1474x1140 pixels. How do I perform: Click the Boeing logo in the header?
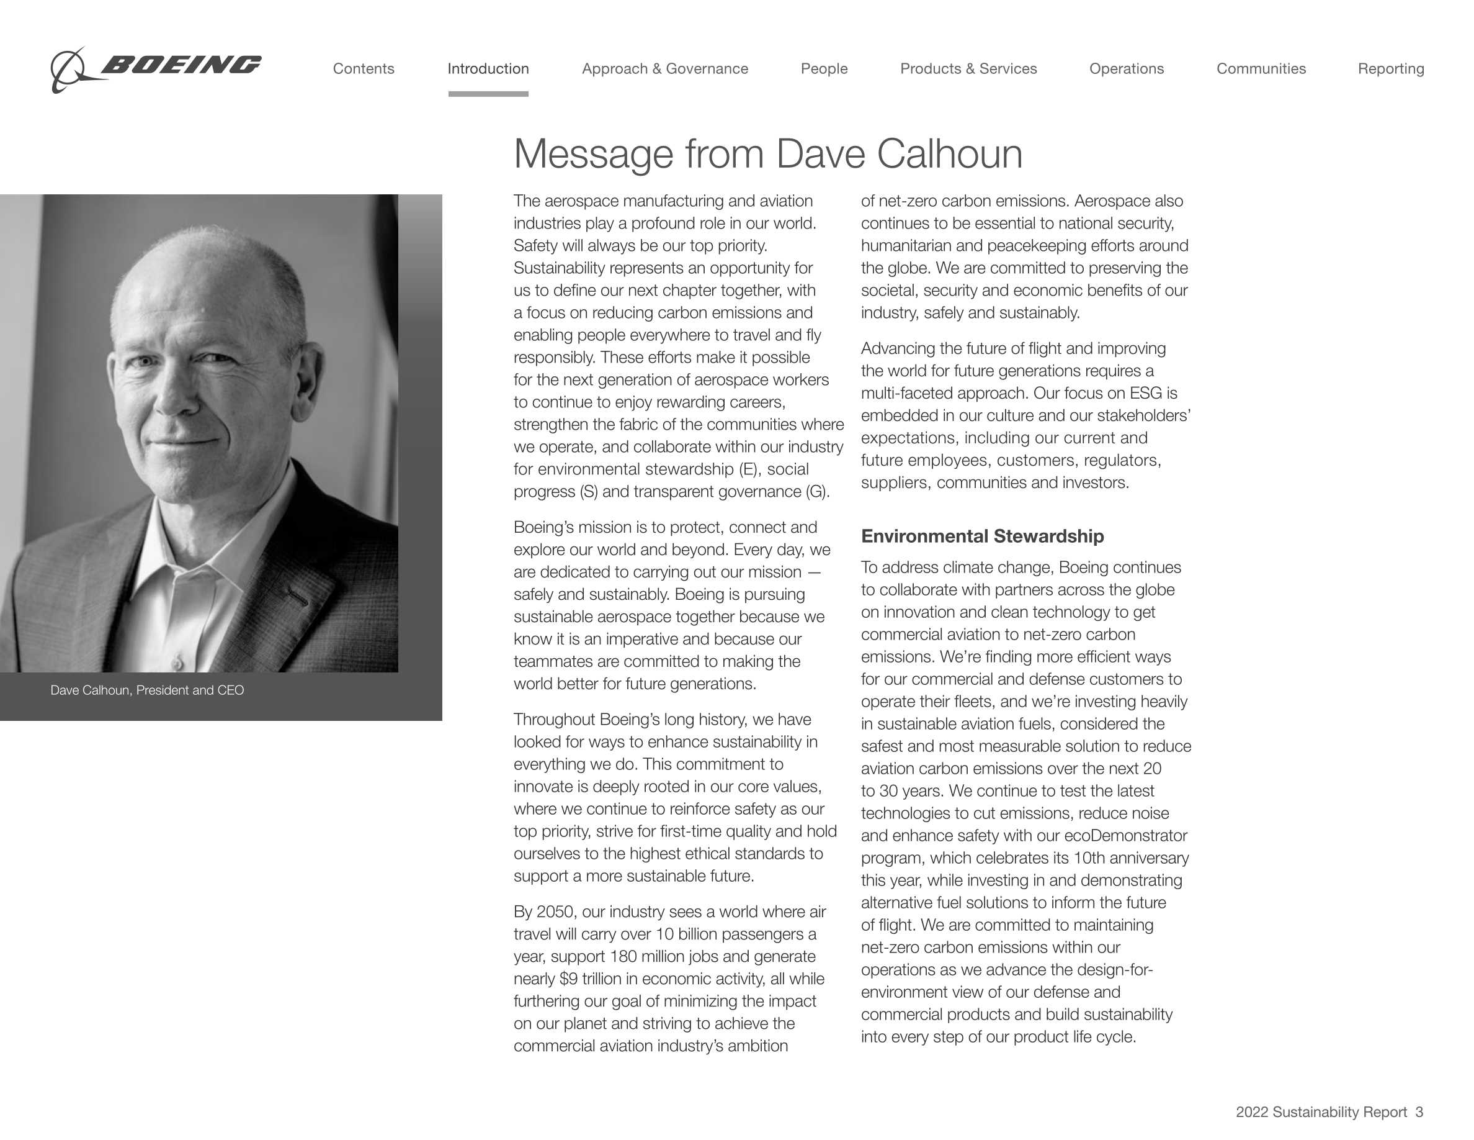click(x=155, y=68)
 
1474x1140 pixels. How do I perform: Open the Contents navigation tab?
click(x=363, y=69)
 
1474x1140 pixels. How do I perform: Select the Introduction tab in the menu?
click(x=488, y=69)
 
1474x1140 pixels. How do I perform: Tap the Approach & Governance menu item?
click(x=665, y=69)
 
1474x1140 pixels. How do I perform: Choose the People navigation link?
click(x=824, y=69)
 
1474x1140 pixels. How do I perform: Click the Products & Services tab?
click(x=968, y=69)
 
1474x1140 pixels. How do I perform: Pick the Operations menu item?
click(x=1127, y=69)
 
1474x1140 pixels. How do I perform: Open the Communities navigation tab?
click(x=1261, y=69)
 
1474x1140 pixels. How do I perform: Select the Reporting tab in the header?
click(x=1391, y=69)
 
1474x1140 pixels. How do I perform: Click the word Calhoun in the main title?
click(x=949, y=154)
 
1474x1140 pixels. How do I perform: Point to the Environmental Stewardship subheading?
click(x=982, y=536)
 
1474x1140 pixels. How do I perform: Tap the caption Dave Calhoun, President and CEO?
click(x=147, y=690)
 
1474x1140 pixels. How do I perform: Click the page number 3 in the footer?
click(x=1419, y=1112)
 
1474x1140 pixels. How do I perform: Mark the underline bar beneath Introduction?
click(x=488, y=94)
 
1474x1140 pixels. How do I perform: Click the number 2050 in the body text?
click(x=555, y=912)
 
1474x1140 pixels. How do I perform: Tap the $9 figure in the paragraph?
click(x=568, y=979)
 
